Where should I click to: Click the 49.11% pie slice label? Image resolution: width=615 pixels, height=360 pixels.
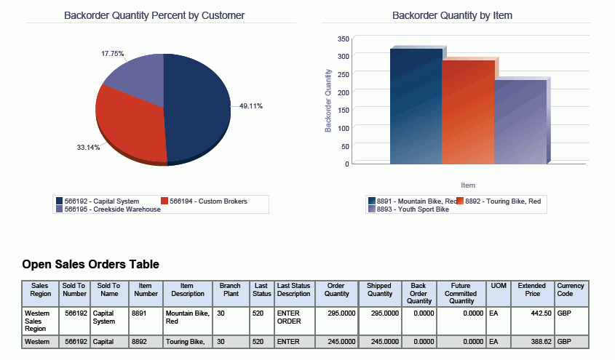[x=250, y=106]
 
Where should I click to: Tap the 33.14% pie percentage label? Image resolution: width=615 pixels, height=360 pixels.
[x=88, y=148]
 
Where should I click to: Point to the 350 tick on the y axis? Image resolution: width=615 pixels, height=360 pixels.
[x=344, y=38]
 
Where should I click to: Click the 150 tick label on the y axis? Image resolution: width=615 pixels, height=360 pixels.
[x=344, y=110]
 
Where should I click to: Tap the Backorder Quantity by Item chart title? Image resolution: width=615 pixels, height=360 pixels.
[x=451, y=15]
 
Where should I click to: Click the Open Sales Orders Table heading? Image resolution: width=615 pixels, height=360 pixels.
[x=90, y=265]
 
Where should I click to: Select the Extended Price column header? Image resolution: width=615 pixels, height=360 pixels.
[x=531, y=289]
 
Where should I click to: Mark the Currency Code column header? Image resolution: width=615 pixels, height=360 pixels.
[x=571, y=289]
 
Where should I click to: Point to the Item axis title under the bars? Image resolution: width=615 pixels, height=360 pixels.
[x=468, y=185]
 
